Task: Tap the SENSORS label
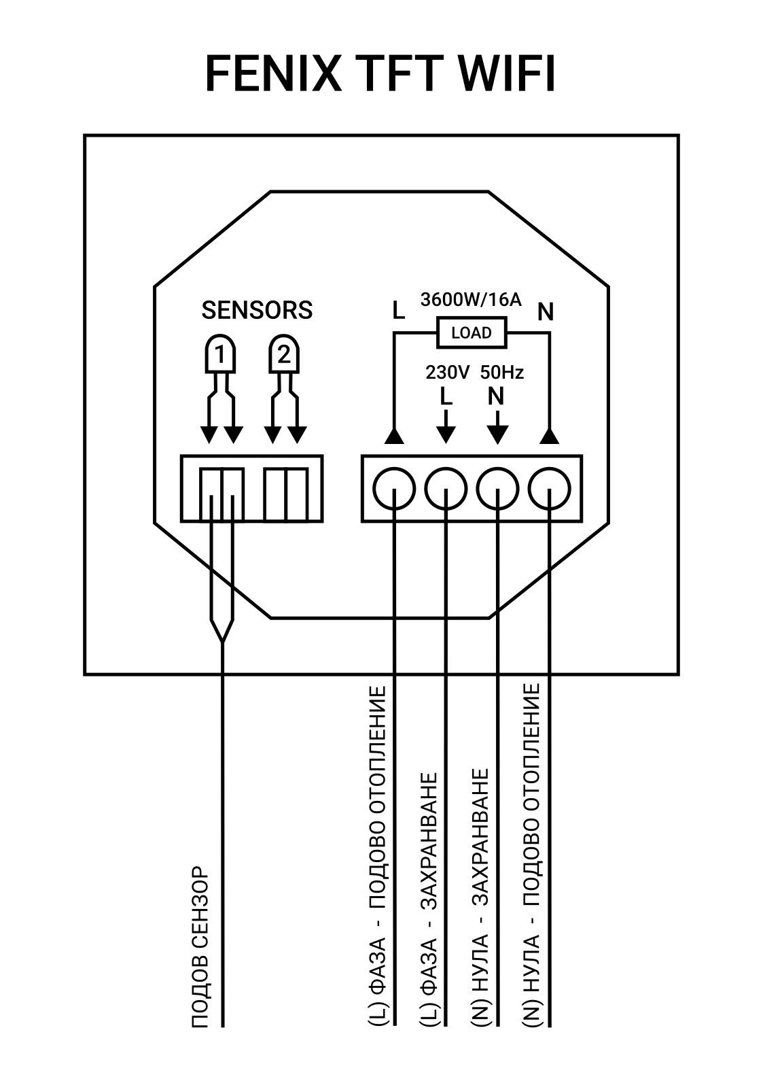[x=257, y=310]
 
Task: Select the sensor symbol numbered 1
[x=220, y=354]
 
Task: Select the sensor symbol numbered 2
[x=283, y=354]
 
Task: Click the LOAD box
[x=472, y=332]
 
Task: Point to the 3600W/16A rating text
[x=471, y=299]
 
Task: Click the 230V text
[x=447, y=373]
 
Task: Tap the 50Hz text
[x=502, y=373]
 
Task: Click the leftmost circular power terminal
[x=393, y=488]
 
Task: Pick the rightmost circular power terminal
[x=550, y=488]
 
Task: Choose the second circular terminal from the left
[x=446, y=488]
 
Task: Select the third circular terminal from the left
[x=498, y=488]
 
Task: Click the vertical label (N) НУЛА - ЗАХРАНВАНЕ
[x=480, y=897]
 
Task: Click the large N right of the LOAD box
[x=546, y=312]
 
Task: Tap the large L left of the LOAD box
[x=398, y=311]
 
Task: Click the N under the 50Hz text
[x=496, y=396]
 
